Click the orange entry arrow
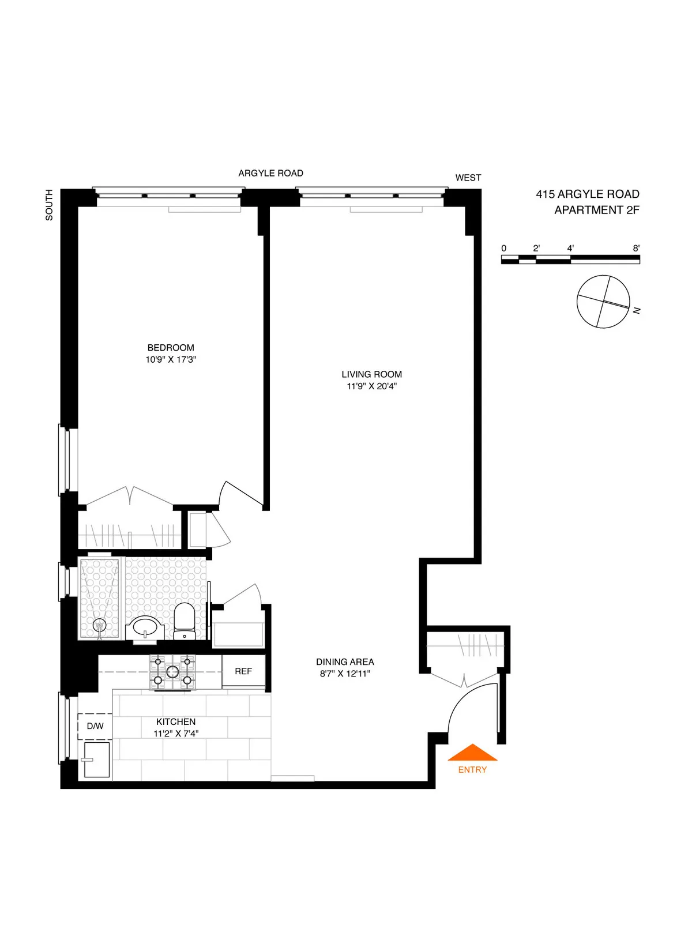[472, 753]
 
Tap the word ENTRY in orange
[472, 769]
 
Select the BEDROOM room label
[171, 348]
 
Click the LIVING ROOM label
[371, 374]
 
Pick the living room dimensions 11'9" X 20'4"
[371, 386]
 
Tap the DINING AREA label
[345, 661]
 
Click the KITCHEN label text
[176, 721]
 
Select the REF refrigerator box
[243, 671]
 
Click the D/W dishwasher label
[95, 726]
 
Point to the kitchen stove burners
[172, 672]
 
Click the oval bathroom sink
[145, 627]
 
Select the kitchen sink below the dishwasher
[96, 760]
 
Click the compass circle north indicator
[603, 302]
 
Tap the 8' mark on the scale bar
[636, 249]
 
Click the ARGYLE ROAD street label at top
[270, 173]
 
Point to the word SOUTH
[49, 205]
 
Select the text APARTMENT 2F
[596, 210]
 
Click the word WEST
[468, 178]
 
